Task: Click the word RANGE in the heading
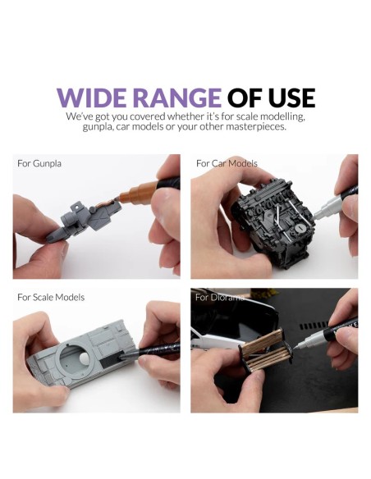[177, 98]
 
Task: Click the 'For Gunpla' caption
[39, 163]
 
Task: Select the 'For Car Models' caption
[227, 163]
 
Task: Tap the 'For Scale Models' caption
[51, 297]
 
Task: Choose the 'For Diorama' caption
[220, 297]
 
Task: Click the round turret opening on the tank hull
[76, 358]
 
